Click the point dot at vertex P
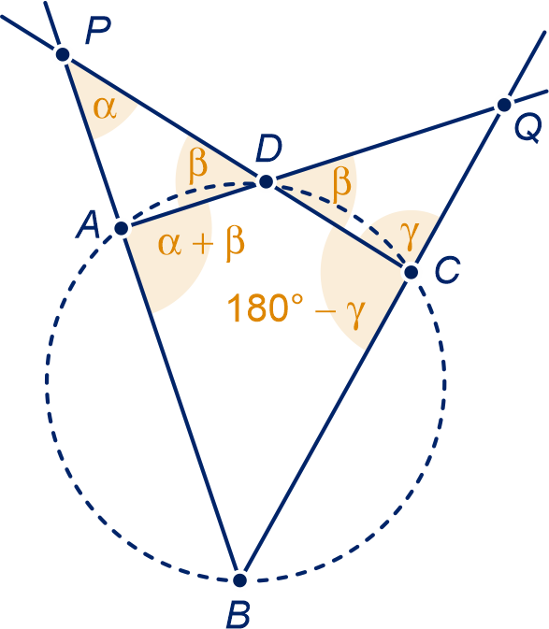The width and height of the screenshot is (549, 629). pos(63,54)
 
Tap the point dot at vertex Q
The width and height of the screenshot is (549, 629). pos(504,105)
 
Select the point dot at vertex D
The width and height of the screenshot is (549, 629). pos(266,181)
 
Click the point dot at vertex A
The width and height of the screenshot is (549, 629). pos(122,228)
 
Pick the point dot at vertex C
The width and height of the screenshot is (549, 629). pos(411,272)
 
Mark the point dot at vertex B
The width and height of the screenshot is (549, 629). pos(239,579)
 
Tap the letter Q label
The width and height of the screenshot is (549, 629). pos(527,128)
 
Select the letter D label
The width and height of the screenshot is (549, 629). pos(268,150)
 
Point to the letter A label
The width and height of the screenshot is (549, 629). pos(88,225)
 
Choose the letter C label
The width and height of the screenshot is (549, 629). pos(447,270)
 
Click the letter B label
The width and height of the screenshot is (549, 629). pos(238,615)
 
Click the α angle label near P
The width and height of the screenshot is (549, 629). pos(105,108)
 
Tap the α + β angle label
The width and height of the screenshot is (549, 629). pos(201,245)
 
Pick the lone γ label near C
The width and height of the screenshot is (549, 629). pos(410,235)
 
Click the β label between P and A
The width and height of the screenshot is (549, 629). pos(198,165)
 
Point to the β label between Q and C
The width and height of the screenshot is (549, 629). pos(342,183)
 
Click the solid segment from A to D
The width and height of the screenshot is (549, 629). pos(194,205)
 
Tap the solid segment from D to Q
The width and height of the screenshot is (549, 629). pos(385,144)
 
